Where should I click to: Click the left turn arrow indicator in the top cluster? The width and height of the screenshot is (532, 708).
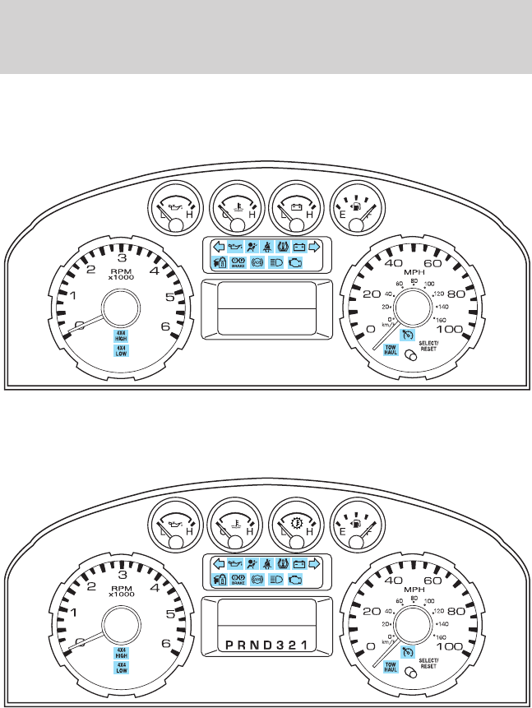point(218,246)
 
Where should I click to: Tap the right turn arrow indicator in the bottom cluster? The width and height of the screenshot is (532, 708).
point(313,563)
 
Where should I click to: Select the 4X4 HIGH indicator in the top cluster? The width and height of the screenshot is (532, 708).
point(121,335)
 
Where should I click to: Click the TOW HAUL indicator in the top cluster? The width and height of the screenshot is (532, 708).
point(391,350)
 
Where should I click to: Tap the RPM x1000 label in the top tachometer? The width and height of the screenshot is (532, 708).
point(121,273)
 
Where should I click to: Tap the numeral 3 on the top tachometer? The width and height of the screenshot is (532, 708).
point(121,256)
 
